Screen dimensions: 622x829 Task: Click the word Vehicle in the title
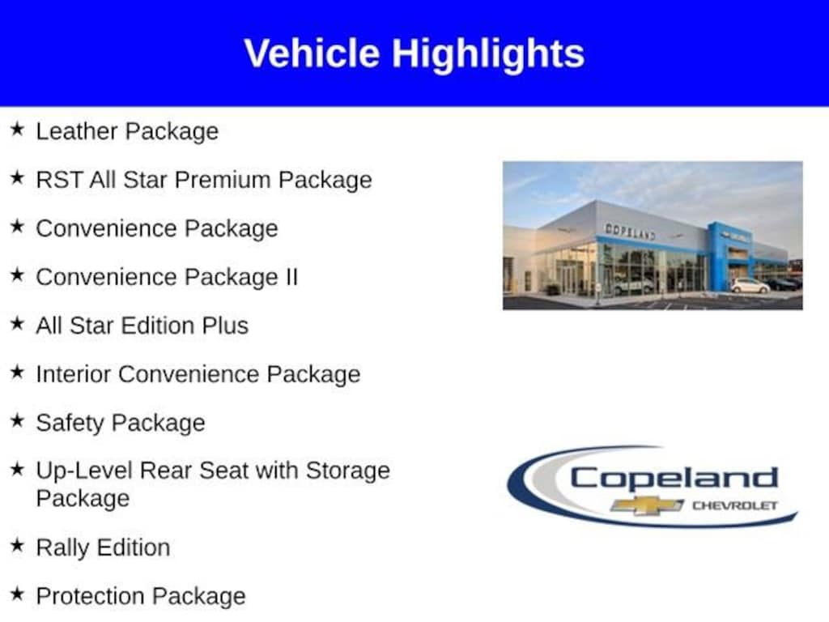pyautogui.click(x=312, y=53)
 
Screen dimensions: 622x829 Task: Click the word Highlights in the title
pyautogui.click(x=488, y=53)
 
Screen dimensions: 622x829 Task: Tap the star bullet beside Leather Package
pyautogui.click(x=17, y=130)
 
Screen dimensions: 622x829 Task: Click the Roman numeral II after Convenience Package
pyautogui.click(x=290, y=277)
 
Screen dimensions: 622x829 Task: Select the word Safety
pyautogui.click(x=70, y=423)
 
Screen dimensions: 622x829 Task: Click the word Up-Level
pyautogui.click(x=84, y=471)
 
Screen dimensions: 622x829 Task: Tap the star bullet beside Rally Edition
pyautogui.click(x=17, y=546)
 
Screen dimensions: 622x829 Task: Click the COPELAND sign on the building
pyautogui.click(x=630, y=231)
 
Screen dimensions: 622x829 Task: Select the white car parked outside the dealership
pyautogui.click(x=750, y=286)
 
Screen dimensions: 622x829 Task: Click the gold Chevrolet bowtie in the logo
pyautogui.click(x=647, y=506)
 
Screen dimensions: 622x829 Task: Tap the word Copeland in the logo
pyautogui.click(x=674, y=478)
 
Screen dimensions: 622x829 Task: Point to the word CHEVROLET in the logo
pyautogui.click(x=733, y=506)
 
